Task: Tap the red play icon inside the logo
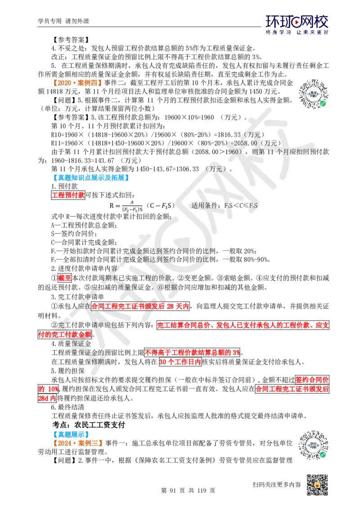297,21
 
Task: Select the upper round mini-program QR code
313,94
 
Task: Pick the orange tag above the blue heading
77,83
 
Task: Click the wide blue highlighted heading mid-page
91,178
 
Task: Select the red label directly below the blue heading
68,195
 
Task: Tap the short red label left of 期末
65,278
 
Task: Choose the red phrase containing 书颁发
140,306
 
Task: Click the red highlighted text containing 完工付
65,335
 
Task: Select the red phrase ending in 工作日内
180,362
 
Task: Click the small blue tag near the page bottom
72,434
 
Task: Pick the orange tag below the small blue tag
78,443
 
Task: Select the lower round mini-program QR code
313,446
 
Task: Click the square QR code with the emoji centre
317,486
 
